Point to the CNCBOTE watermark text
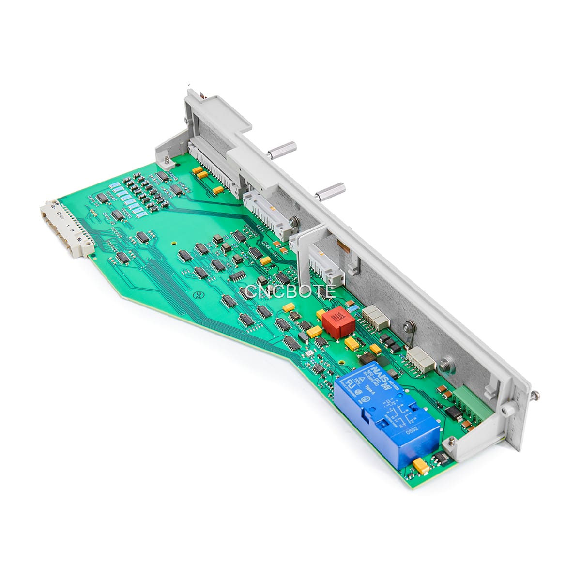point(290,291)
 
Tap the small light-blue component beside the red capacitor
point(354,307)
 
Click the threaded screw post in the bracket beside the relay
point(451,441)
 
